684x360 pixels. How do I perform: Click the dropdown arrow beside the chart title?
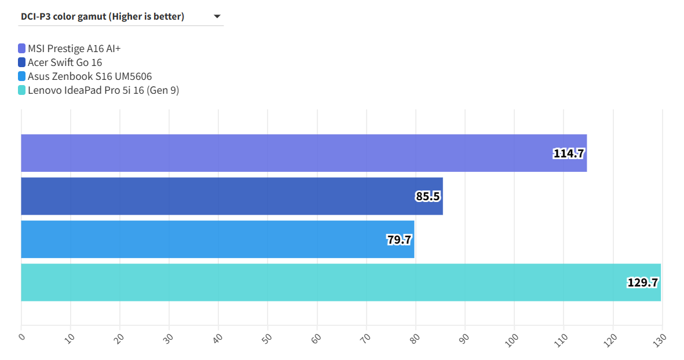(x=217, y=16)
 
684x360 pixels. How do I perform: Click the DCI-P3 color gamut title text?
(x=103, y=16)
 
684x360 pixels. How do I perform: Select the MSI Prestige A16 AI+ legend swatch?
(x=22, y=49)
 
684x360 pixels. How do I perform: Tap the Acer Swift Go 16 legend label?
(x=65, y=63)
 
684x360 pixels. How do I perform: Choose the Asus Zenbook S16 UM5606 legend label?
(x=90, y=76)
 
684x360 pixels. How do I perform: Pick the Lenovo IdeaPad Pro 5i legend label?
(x=103, y=90)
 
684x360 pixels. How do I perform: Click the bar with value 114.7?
(x=290, y=153)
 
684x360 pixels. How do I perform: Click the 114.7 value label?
(x=568, y=153)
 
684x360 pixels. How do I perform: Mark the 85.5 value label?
(x=427, y=196)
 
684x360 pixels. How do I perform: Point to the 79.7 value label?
(x=399, y=239)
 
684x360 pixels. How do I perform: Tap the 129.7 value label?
(x=642, y=282)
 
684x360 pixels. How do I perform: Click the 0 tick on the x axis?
(x=21, y=336)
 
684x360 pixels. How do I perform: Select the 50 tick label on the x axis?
(x=267, y=338)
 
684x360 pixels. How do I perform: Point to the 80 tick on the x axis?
(x=415, y=338)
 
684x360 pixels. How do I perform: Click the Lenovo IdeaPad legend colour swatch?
(x=22, y=90)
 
